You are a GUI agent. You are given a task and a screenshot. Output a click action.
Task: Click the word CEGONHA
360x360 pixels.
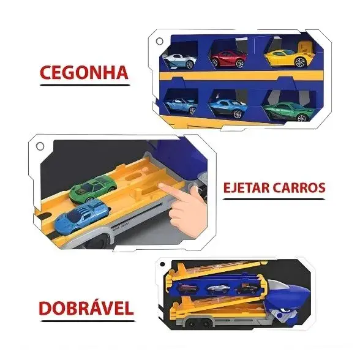[x=84, y=73]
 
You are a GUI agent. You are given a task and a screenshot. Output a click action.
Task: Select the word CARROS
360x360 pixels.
[x=299, y=187]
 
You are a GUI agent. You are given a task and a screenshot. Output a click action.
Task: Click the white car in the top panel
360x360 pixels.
[x=179, y=61]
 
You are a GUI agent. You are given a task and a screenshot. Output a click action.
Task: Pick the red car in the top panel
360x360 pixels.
[x=228, y=59]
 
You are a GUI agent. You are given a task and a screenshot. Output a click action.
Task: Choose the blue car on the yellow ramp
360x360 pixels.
[x=82, y=216]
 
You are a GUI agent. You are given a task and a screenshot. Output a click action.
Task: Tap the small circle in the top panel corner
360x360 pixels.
[x=159, y=42]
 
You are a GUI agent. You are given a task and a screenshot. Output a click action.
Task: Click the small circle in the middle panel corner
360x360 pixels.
[x=40, y=146]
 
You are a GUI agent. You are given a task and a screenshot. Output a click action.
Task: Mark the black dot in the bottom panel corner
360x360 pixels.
[x=163, y=264]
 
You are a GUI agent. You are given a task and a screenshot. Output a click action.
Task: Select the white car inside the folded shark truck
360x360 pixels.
[x=217, y=289]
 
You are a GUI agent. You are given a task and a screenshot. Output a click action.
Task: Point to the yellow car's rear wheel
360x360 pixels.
[x=300, y=62]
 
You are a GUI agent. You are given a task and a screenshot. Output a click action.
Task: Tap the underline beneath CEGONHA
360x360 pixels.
[x=84, y=84]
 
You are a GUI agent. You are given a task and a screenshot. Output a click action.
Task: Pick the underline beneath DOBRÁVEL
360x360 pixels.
[x=88, y=321]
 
